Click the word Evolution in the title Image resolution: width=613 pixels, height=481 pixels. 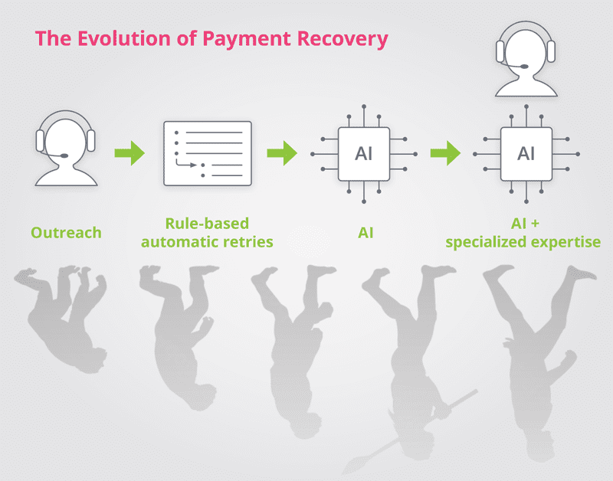tap(124, 38)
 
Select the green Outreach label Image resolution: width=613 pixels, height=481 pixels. tap(66, 233)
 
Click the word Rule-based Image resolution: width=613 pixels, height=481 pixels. tap(207, 224)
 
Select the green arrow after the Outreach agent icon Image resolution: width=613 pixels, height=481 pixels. tap(129, 153)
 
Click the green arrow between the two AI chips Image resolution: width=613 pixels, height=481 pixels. tap(445, 153)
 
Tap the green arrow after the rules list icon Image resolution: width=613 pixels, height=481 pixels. tap(282, 153)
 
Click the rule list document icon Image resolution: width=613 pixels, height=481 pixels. tap(208, 153)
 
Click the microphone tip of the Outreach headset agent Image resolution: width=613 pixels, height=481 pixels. tap(64, 156)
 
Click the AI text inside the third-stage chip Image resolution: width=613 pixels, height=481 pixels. tap(363, 153)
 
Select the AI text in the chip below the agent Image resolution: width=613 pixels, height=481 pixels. tap(526, 153)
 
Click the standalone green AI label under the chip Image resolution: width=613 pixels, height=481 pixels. tap(366, 233)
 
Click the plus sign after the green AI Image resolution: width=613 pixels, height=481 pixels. tap(535, 224)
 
